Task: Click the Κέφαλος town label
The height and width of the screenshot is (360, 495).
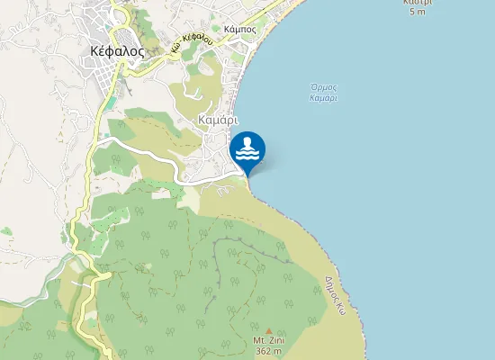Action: (x=118, y=51)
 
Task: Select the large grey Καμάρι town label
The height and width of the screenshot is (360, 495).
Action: (x=219, y=119)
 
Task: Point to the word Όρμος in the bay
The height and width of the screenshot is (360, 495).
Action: (x=323, y=88)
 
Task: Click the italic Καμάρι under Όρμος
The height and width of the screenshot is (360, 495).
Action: (x=323, y=97)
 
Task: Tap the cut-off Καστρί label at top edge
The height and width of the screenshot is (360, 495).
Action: (x=417, y=3)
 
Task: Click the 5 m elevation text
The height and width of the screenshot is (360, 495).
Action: (x=417, y=12)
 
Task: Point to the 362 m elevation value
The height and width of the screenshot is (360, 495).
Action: (x=267, y=351)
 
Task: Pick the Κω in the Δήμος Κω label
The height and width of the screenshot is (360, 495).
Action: (x=342, y=306)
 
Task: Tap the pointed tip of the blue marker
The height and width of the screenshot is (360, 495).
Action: (x=247, y=175)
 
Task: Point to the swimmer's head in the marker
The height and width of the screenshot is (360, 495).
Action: (x=247, y=142)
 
